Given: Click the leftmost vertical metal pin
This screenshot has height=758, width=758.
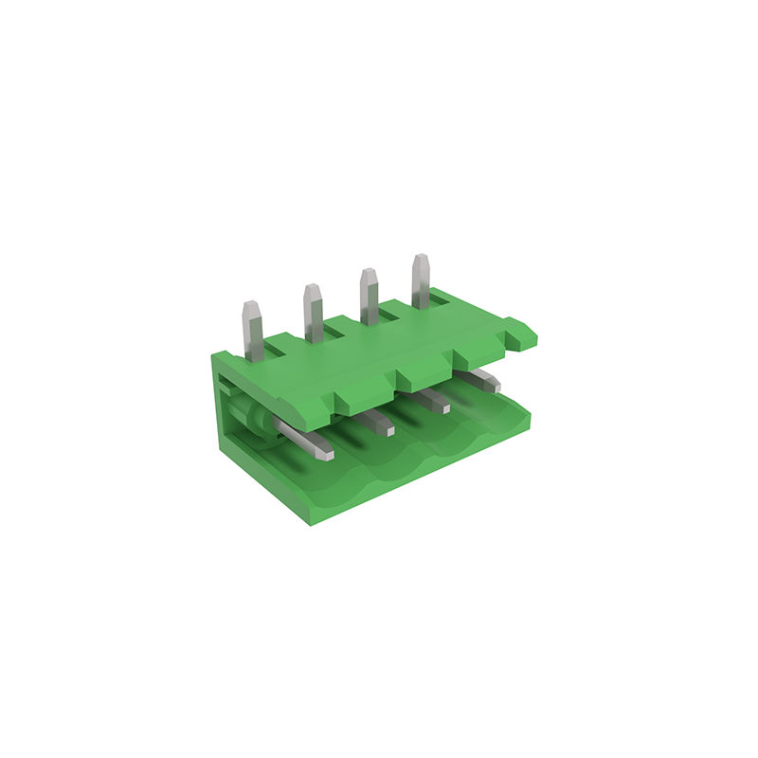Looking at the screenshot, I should point(252,332).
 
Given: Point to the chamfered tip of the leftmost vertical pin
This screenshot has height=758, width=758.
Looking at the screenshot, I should point(251,308).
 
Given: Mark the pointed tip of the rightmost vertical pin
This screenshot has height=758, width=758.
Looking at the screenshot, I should point(418,259).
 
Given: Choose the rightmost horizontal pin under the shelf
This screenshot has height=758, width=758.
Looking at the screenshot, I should point(484,381).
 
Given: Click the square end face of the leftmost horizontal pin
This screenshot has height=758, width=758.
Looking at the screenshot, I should point(327,455).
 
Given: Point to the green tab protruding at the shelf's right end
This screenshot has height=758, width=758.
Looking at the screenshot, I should point(520,333).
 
